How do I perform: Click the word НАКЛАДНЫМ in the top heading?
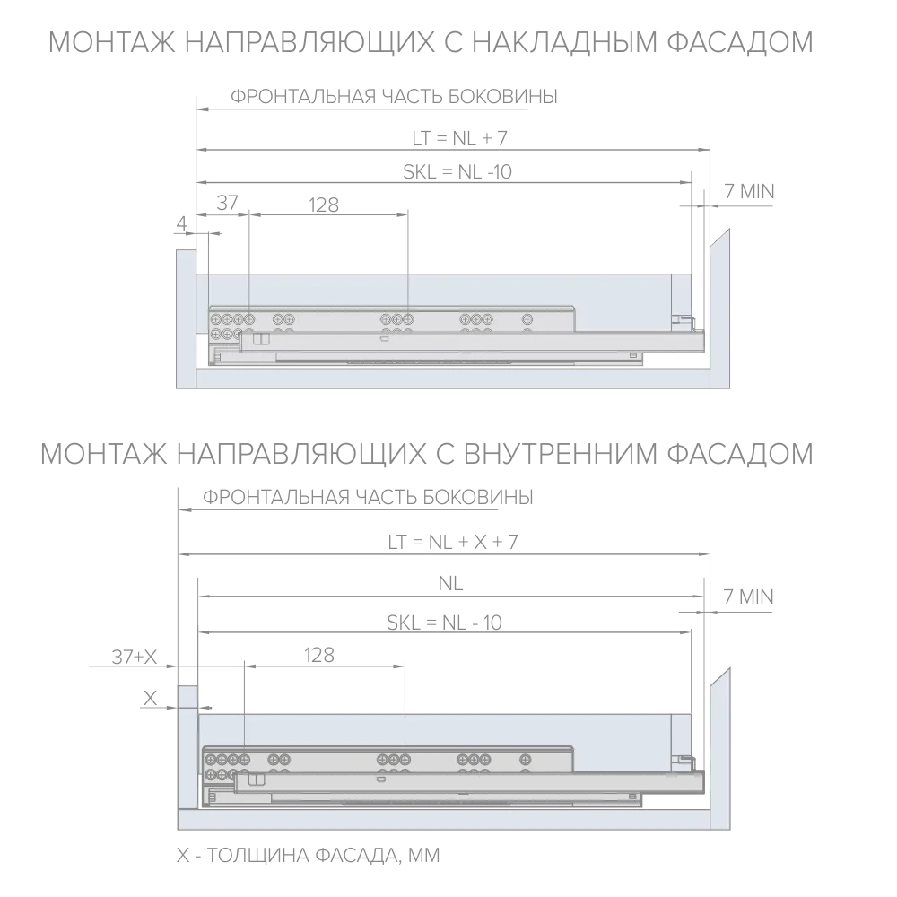click(565, 42)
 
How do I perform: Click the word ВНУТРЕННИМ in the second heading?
click(562, 454)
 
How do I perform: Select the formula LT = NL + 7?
click(460, 138)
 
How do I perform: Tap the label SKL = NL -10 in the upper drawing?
click(457, 171)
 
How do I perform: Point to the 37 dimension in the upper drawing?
click(227, 203)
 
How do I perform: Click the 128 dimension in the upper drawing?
click(324, 205)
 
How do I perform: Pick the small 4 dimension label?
click(182, 223)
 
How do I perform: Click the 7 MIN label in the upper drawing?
click(749, 192)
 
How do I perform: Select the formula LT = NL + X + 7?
click(452, 542)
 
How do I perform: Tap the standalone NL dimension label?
click(450, 584)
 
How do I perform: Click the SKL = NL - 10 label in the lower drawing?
click(445, 623)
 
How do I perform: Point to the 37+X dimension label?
click(134, 657)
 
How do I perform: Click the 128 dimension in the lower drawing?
click(319, 655)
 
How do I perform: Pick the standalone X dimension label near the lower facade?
click(150, 699)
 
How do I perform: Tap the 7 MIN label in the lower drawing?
click(748, 597)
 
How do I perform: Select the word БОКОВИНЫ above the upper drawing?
click(502, 97)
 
